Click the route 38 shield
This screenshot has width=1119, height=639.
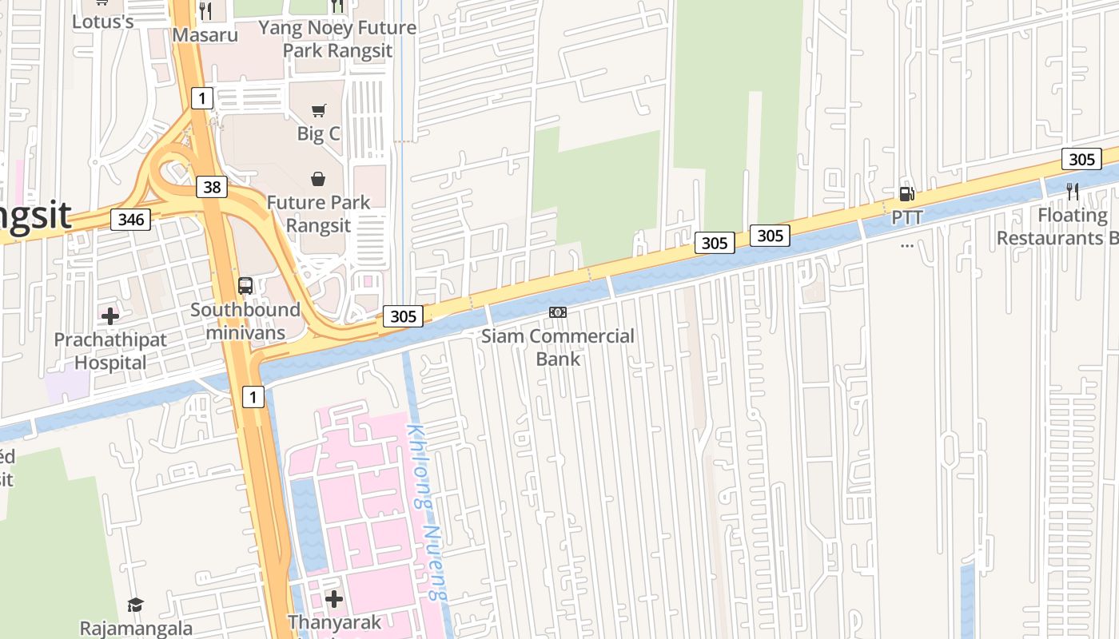pos(212,187)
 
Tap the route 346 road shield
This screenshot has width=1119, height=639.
pos(130,219)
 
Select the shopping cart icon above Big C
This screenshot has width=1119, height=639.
pos(319,110)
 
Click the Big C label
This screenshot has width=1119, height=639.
pos(319,133)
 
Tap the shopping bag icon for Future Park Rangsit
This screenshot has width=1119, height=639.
pos(318,178)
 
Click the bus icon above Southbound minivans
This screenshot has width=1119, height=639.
pos(245,286)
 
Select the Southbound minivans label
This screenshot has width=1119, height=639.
pos(245,319)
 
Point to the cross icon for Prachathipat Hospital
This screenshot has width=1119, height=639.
pos(110,316)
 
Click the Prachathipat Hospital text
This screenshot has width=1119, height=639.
pos(110,351)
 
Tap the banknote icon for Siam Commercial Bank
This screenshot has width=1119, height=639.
pos(558,312)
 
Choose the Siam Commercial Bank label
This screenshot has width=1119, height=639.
pos(558,347)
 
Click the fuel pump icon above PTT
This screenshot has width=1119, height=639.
pos(906,194)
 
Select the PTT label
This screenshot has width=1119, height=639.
pos(906,217)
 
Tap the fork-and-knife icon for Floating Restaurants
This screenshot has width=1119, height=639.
pos(1073,192)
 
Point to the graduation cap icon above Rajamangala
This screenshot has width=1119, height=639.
pos(136,605)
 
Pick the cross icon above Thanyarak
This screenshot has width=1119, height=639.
pos(334,598)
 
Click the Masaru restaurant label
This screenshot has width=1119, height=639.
pos(205,35)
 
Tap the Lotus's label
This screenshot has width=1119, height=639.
pos(102,22)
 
